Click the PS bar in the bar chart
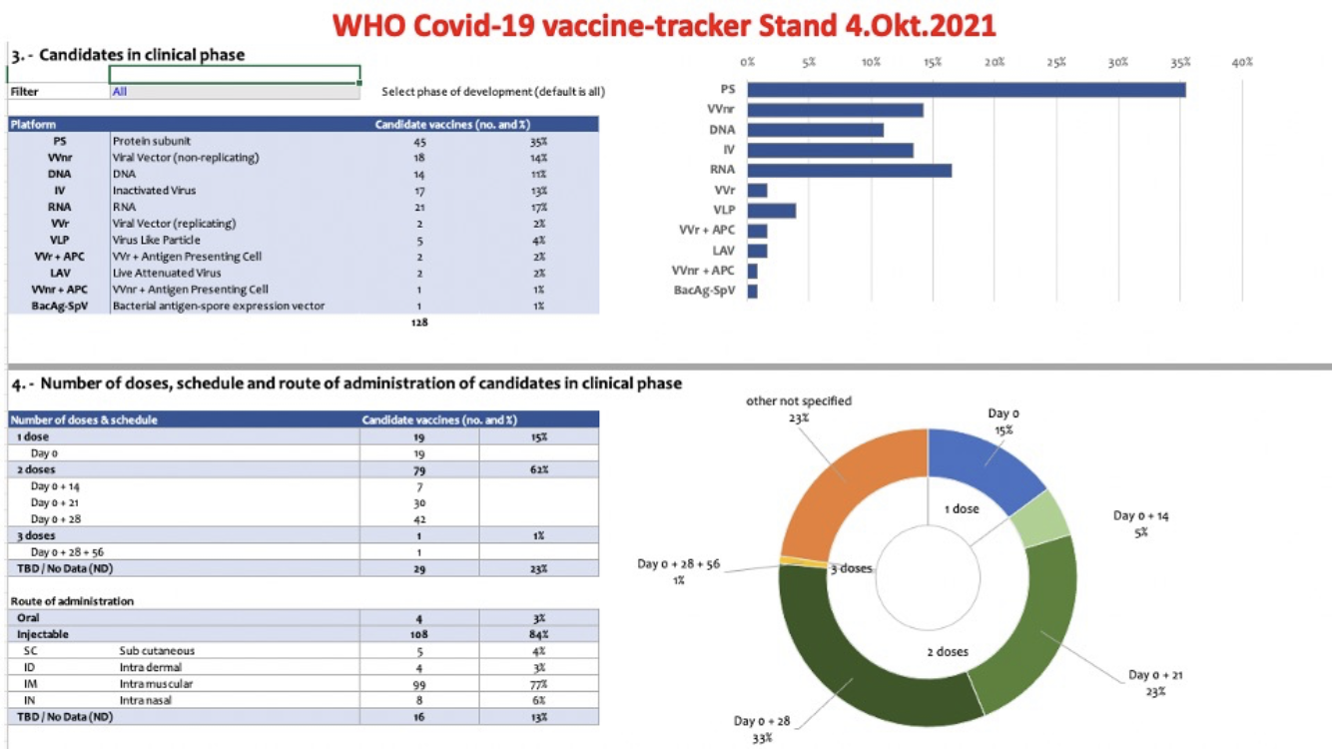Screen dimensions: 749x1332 (x=966, y=90)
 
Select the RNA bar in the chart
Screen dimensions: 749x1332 (x=849, y=170)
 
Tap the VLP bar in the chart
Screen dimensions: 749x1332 (x=771, y=211)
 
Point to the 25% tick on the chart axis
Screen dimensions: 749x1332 (x=1056, y=62)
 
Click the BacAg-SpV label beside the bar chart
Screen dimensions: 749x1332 (x=706, y=291)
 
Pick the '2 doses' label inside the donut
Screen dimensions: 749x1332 (x=948, y=652)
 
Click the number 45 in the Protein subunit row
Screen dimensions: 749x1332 (x=419, y=142)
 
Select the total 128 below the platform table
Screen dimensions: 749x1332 (x=419, y=323)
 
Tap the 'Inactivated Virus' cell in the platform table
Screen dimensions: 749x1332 (x=154, y=191)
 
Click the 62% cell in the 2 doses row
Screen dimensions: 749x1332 (x=539, y=469)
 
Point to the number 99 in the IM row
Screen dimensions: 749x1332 (x=419, y=685)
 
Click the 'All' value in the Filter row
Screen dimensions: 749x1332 (x=120, y=92)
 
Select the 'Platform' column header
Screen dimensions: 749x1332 (x=34, y=125)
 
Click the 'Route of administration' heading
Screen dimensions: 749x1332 (x=72, y=601)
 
